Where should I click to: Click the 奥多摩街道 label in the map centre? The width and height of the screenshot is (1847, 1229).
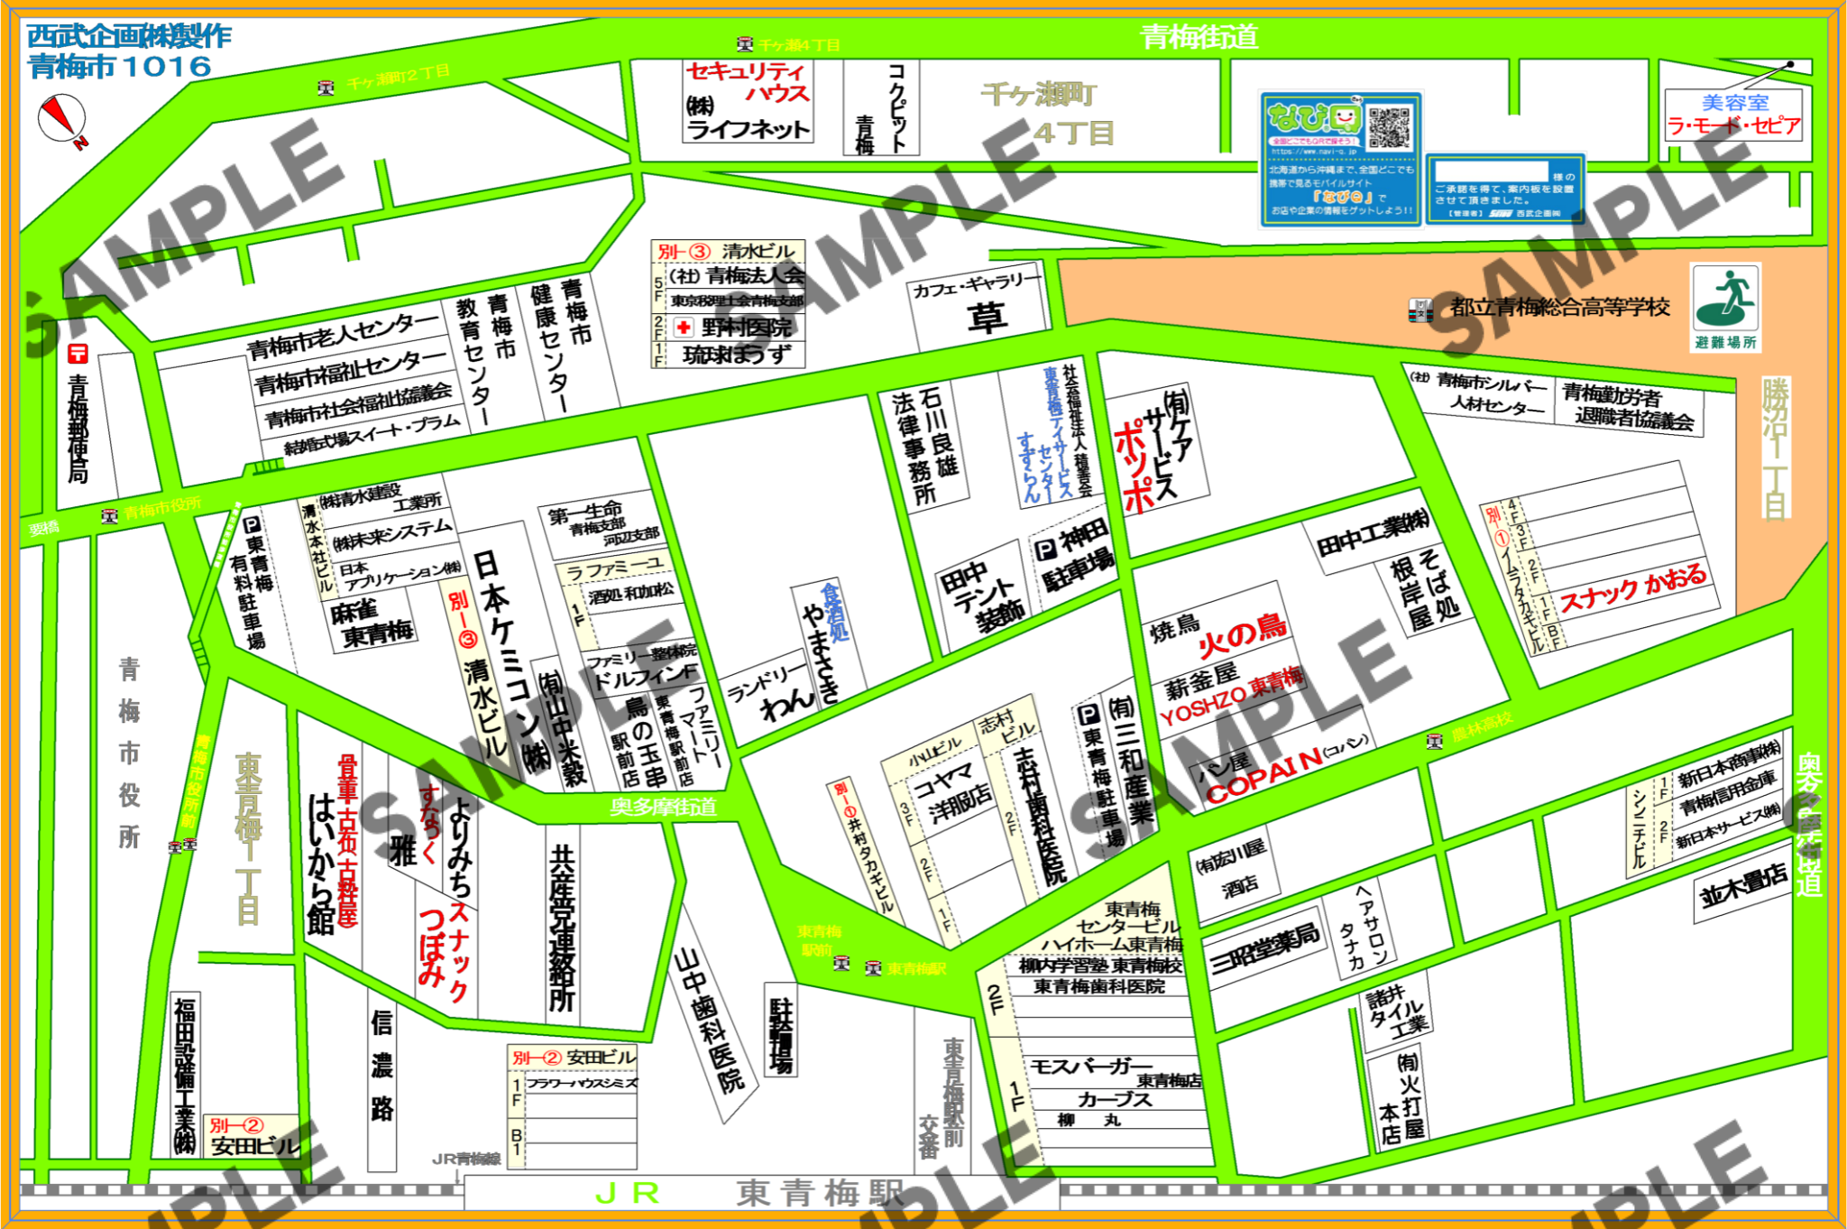[663, 806]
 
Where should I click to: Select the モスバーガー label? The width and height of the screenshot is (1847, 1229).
[1090, 1067]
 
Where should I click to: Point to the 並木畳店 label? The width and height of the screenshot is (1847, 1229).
[1742, 885]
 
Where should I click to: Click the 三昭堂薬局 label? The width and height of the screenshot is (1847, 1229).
[1264, 949]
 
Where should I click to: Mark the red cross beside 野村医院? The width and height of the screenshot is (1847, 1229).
[683, 327]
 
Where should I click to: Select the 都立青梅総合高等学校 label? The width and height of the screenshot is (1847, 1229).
[1559, 307]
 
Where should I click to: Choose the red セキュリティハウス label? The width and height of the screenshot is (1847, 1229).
[747, 81]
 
